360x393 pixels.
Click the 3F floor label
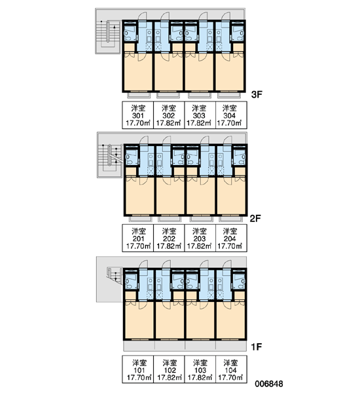tap(257, 95)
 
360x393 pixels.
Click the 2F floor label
tap(255, 219)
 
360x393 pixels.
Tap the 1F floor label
tap(257, 347)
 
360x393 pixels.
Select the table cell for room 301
tap(138, 115)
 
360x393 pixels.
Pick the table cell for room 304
tap(231, 115)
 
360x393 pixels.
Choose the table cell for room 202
tap(169, 238)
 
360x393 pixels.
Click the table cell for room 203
tap(200, 238)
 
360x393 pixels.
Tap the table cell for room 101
tap(138, 369)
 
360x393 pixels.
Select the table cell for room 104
tap(231, 369)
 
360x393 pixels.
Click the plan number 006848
tap(269, 384)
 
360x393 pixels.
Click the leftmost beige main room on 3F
tap(138, 71)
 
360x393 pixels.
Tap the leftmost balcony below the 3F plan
tap(139, 95)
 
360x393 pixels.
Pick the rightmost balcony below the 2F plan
tap(231, 219)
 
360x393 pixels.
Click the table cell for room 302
tap(169, 115)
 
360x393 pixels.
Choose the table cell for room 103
tap(200, 369)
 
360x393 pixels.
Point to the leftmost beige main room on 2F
tap(140, 196)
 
